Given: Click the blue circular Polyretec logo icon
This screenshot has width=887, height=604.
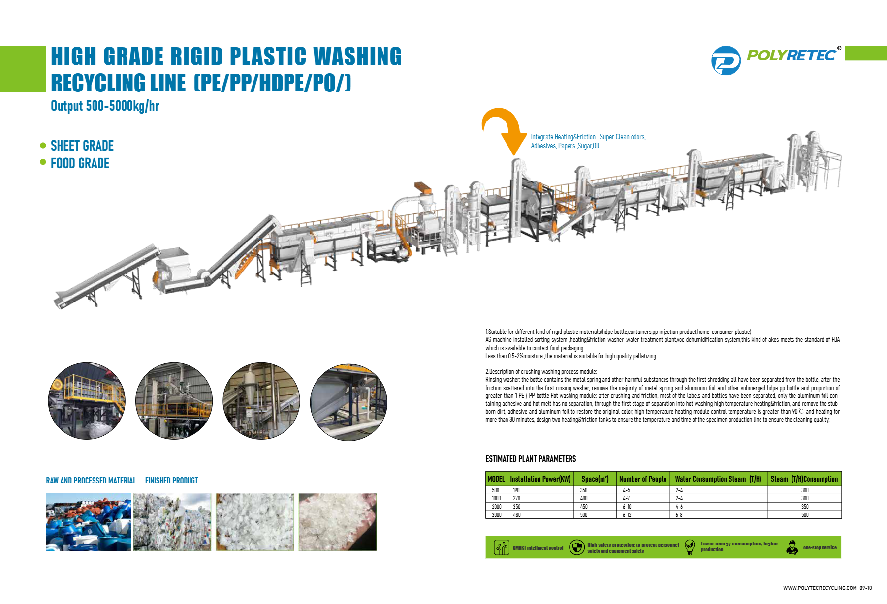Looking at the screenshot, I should tap(726, 60).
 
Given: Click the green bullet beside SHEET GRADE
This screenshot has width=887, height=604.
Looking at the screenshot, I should tap(43, 146).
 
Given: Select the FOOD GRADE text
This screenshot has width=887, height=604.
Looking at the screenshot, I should tap(80, 163).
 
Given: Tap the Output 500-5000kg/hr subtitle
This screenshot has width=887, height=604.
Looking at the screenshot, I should tap(105, 106).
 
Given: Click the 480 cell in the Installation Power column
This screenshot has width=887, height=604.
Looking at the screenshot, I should tap(517, 515).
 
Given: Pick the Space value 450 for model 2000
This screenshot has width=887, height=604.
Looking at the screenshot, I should tap(584, 507).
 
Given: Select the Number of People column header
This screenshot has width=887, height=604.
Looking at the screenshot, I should tap(642, 479).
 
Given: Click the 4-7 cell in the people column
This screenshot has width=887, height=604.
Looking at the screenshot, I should tap(626, 498).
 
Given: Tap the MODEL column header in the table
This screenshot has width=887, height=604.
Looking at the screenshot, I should tap(496, 479).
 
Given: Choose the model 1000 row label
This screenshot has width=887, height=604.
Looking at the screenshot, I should tap(496, 498).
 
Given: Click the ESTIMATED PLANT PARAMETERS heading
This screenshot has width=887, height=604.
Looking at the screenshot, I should tap(531, 459).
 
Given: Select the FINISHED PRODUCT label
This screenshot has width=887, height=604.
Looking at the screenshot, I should tap(171, 481).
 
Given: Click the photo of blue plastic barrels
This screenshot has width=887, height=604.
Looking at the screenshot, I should tap(89, 522).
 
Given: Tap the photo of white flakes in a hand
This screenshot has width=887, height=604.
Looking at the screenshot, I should tap(337, 522).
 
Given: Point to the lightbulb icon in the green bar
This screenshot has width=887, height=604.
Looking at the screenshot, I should tap(690, 547).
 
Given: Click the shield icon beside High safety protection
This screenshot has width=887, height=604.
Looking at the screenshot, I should tap(576, 547).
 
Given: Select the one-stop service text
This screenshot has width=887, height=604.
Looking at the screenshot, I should tap(820, 547).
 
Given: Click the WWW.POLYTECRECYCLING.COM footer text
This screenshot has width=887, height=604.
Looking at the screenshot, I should tap(820, 588).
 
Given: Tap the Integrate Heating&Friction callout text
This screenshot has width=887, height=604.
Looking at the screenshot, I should tap(588, 141).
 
